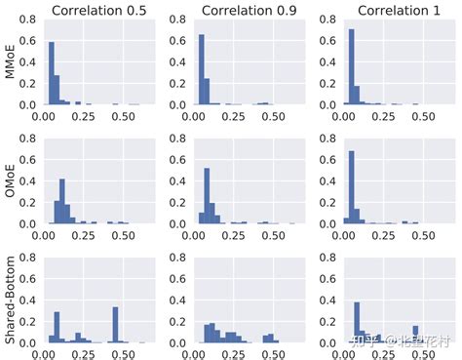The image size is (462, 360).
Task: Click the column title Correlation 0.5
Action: click(x=100, y=11)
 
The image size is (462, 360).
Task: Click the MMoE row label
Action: click(x=11, y=62)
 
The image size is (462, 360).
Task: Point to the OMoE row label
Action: click(x=11, y=182)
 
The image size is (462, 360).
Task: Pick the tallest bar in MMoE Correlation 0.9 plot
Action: click(x=202, y=69)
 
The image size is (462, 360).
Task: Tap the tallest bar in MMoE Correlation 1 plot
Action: click(x=352, y=67)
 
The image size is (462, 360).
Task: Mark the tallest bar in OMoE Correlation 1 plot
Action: click(x=352, y=187)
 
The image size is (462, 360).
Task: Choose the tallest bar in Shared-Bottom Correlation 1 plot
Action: click(x=358, y=323)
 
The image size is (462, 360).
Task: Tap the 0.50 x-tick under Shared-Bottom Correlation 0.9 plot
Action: click(x=270, y=354)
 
